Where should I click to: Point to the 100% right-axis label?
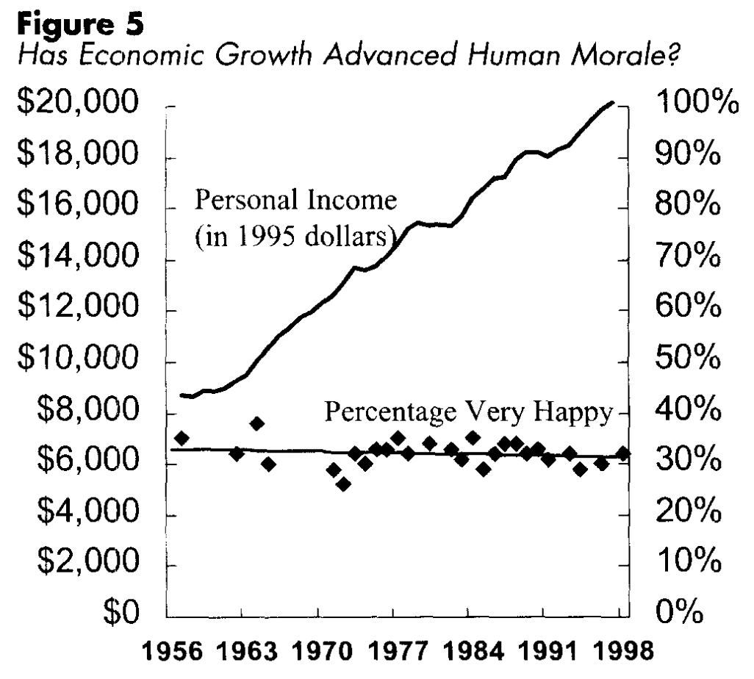tap(694, 104)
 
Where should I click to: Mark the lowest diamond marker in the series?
tap(343, 484)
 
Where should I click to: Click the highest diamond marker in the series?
tap(256, 423)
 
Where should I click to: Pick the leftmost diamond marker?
tap(182, 438)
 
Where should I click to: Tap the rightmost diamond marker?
tap(623, 453)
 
